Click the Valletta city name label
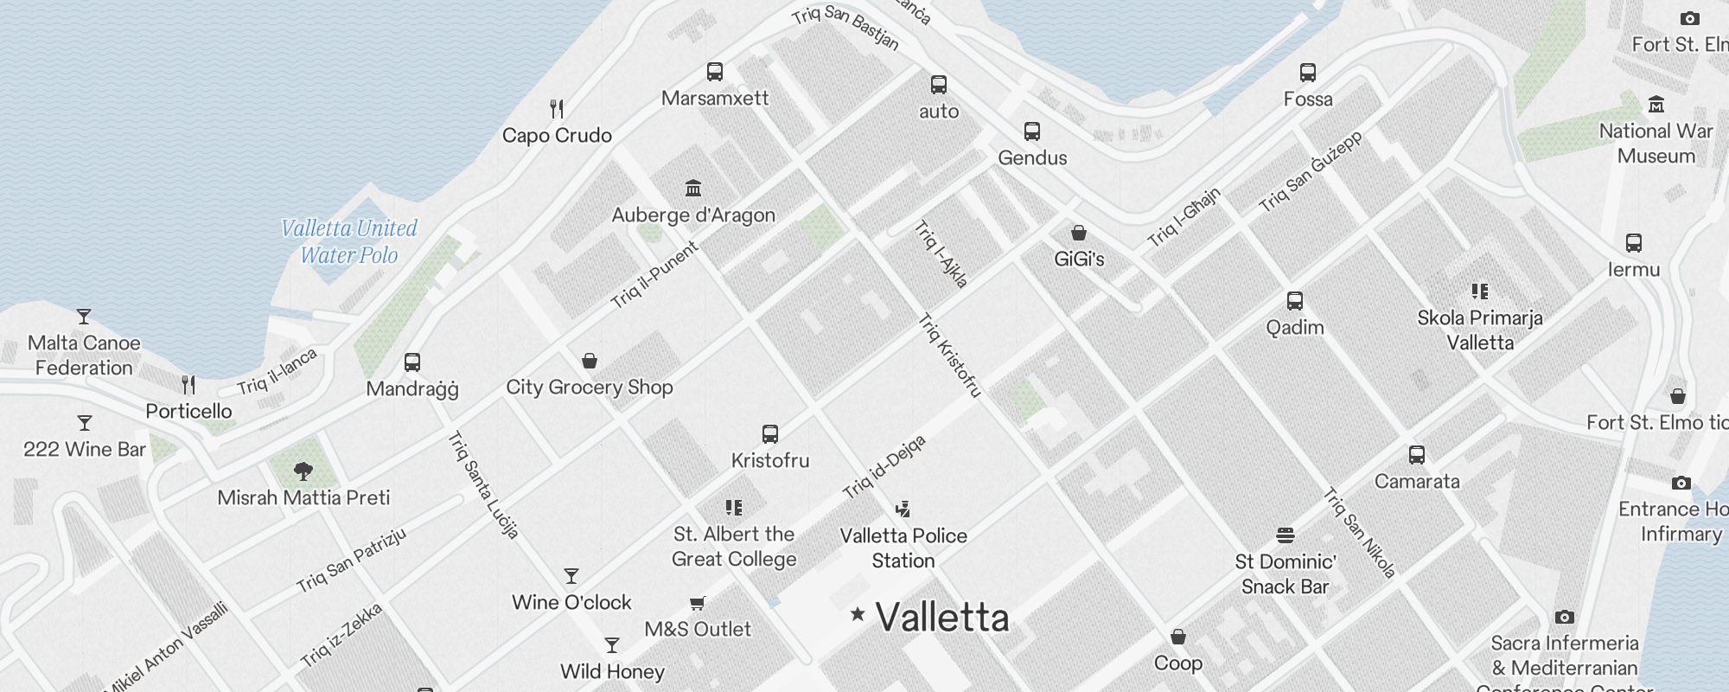tap(941, 618)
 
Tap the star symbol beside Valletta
tap(858, 614)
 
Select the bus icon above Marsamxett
tap(715, 72)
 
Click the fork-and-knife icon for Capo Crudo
tap(557, 109)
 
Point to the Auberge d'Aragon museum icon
tap(693, 189)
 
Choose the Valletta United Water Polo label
tap(349, 241)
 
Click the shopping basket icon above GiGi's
tap(1079, 233)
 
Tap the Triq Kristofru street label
tap(949, 356)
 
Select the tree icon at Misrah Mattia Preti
tap(303, 471)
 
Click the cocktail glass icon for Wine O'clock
tap(571, 576)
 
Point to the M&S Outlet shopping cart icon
tap(698, 603)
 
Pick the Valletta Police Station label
tap(903, 548)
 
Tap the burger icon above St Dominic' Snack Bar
tap(1286, 535)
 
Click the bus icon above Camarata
tap(1417, 455)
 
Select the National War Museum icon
tap(1656, 105)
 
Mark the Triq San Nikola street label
tap(1359, 533)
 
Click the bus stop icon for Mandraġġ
tap(412, 362)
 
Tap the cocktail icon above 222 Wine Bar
tap(85, 423)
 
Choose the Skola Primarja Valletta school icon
tap(1480, 292)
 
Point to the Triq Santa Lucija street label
tap(483, 485)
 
